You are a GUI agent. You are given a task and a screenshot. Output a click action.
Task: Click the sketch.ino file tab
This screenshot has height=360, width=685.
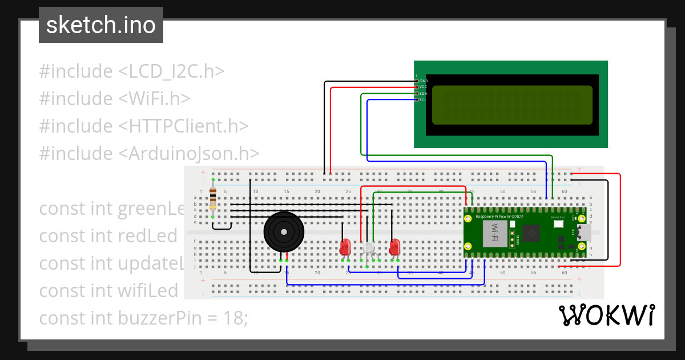(x=100, y=25)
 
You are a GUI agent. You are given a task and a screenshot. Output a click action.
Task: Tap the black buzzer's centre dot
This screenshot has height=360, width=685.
(x=283, y=231)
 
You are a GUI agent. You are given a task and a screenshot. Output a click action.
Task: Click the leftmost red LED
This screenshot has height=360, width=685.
(x=345, y=247)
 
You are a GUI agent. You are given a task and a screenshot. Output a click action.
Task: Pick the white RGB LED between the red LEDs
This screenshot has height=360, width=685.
(x=369, y=249)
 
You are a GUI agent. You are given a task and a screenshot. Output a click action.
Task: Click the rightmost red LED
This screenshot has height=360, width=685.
(x=394, y=247)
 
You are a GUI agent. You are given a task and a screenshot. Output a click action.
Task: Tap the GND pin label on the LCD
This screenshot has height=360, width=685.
(x=423, y=81)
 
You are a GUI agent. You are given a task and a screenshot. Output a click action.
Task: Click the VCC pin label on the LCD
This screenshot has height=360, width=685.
(x=423, y=87)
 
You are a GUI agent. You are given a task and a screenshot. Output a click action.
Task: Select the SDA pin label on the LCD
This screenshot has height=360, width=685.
(x=423, y=93)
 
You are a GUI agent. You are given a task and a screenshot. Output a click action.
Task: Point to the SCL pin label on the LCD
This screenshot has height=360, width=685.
(x=423, y=99)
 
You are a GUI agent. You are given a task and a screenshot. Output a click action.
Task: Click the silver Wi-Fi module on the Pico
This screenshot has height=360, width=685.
(x=495, y=234)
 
